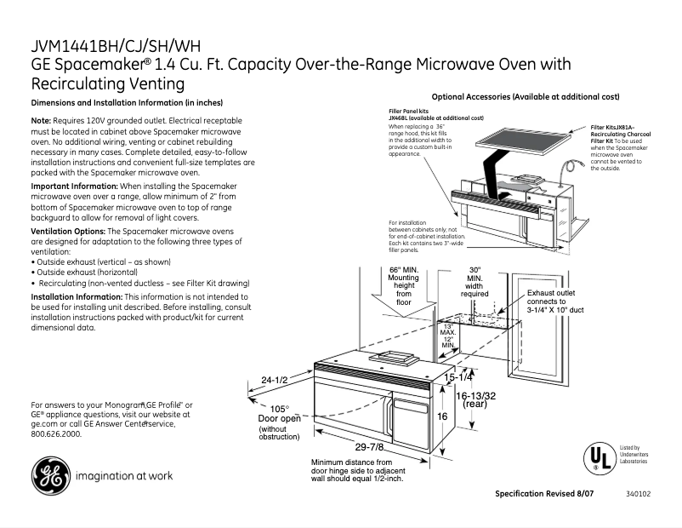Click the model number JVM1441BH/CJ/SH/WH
[x=117, y=47]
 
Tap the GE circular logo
[x=51, y=475]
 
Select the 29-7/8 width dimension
[x=367, y=448]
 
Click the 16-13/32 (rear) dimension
[x=475, y=399]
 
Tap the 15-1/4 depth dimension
[x=458, y=376]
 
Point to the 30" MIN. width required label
[x=475, y=282]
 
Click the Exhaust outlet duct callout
[x=554, y=301]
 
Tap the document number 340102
[x=638, y=494]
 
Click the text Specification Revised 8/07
[x=544, y=494]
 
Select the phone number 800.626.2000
[x=56, y=433]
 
